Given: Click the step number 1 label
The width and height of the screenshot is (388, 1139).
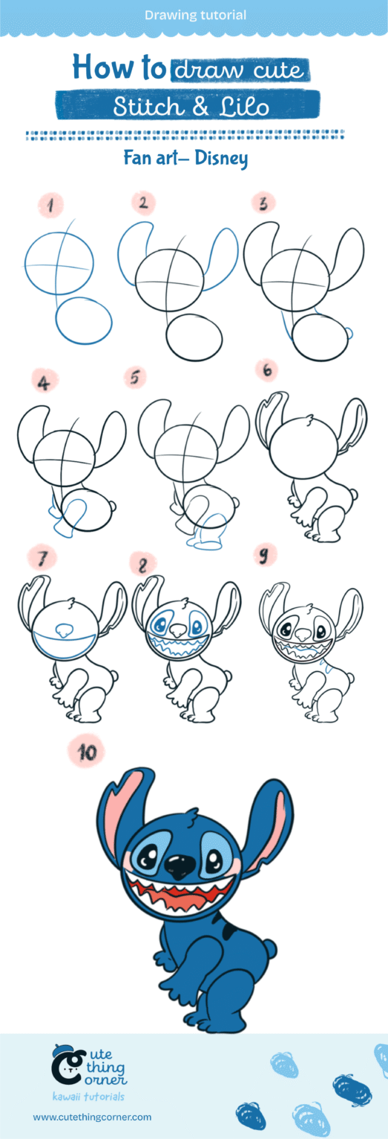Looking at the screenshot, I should coord(51,206).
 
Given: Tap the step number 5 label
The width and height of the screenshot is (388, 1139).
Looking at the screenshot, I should coord(134,378).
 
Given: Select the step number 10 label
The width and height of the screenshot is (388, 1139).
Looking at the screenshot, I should coord(87,752).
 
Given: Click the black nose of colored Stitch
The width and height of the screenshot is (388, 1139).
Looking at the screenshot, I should coord(180,862).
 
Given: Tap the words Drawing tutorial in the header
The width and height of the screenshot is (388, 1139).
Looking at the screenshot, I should coord(195,15).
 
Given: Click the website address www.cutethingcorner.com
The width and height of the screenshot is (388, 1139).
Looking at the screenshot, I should coord(92,1117).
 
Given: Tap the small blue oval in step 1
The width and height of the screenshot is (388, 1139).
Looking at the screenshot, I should coord(84,320).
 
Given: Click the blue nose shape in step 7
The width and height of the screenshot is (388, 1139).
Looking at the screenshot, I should coord(65,630).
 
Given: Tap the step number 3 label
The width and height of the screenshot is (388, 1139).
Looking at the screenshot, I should coord(263,202).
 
